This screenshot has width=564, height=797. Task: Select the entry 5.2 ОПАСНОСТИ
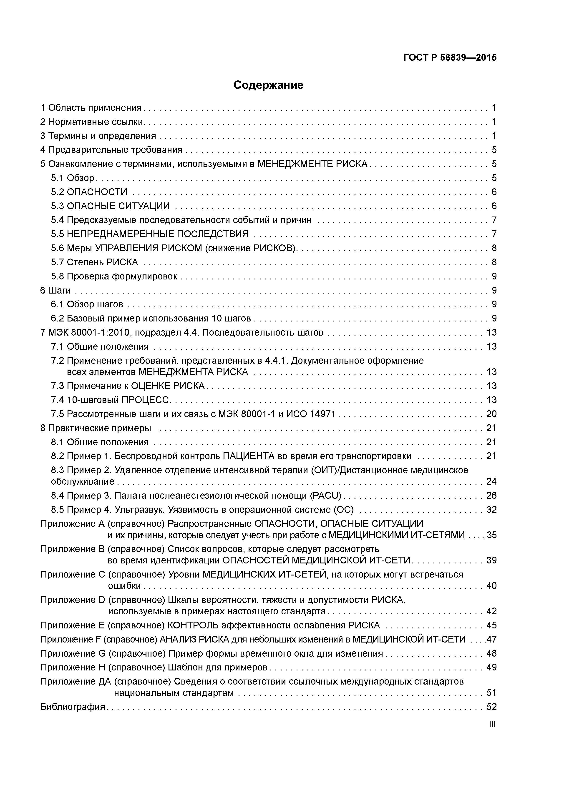coord(89,192)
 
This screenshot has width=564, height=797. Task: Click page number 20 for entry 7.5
coord(491,414)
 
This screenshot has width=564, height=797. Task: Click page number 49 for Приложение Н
coord(491,667)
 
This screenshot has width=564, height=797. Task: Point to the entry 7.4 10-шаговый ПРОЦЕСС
coord(110,400)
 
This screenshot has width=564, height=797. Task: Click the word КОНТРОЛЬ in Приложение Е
coord(193,625)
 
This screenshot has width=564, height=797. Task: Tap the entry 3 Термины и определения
coord(98,136)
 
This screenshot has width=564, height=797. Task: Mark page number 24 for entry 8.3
coord(491,481)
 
